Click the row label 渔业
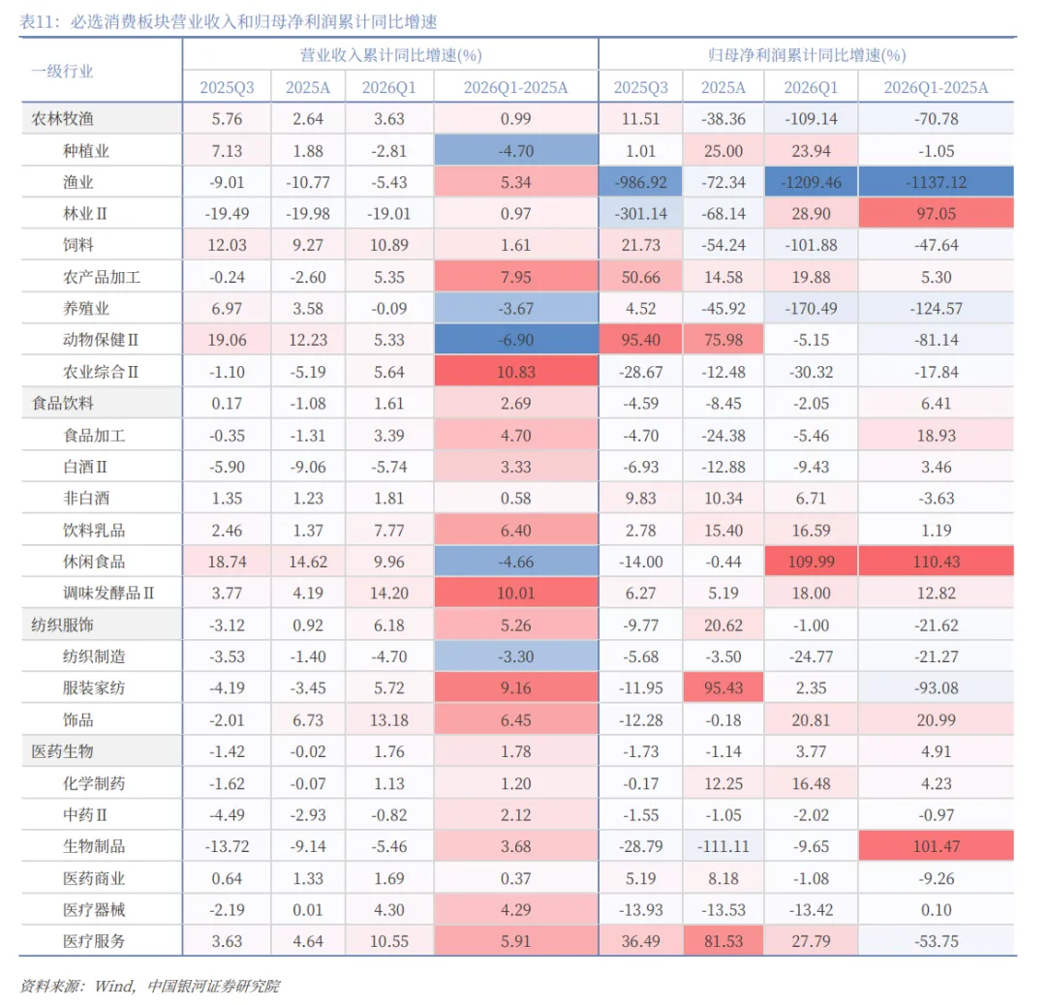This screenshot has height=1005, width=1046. point(78,182)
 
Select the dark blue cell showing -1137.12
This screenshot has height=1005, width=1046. point(936,182)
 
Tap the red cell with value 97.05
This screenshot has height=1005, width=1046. point(936,213)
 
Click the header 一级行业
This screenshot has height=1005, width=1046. point(62,72)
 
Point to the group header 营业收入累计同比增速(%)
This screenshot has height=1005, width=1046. point(391,54)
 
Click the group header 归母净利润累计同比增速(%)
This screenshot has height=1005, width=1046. point(807,54)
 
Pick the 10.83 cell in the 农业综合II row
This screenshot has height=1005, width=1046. point(515,372)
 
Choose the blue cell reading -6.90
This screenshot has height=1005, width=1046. point(515,340)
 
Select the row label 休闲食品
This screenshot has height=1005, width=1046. point(94,562)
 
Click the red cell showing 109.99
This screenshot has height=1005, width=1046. point(812,562)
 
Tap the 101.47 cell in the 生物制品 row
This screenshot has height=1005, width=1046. point(936,846)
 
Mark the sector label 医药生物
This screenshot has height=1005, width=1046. point(62,751)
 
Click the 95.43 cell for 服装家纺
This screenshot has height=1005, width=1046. point(723,687)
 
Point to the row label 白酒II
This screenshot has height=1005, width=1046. point(84,467)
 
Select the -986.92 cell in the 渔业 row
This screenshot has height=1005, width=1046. point(640,182)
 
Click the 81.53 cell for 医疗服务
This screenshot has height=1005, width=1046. point(723,941)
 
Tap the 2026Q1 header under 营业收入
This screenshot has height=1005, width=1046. point(389,87)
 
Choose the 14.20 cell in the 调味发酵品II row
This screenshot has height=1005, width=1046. point(389,593)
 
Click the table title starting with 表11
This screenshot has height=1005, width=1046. point(229,22)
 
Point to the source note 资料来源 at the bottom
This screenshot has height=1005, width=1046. point(149,986)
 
